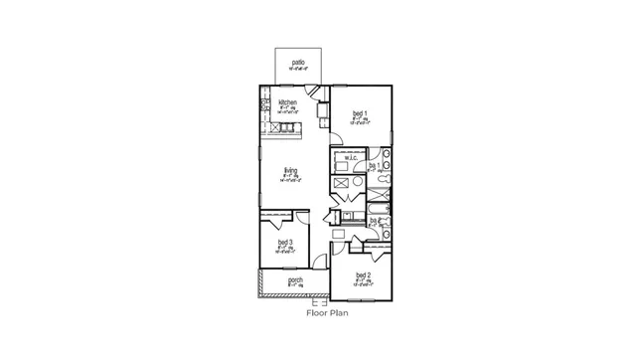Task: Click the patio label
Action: [x=298, y=63]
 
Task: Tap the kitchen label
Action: [x=288, y=103]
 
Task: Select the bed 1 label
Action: [x=360, y=114]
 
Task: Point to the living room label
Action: [x=290, y=170]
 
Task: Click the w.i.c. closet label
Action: [x=351, y=157]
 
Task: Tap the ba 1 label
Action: [x=375, y=166]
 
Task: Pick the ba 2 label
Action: [x=375, y=221]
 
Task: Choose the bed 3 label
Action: [x=284, y=243]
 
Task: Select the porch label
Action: [x=295, y=280]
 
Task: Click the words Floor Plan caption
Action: [x=327, y=311]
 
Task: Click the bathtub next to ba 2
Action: [x=380, y=207]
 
